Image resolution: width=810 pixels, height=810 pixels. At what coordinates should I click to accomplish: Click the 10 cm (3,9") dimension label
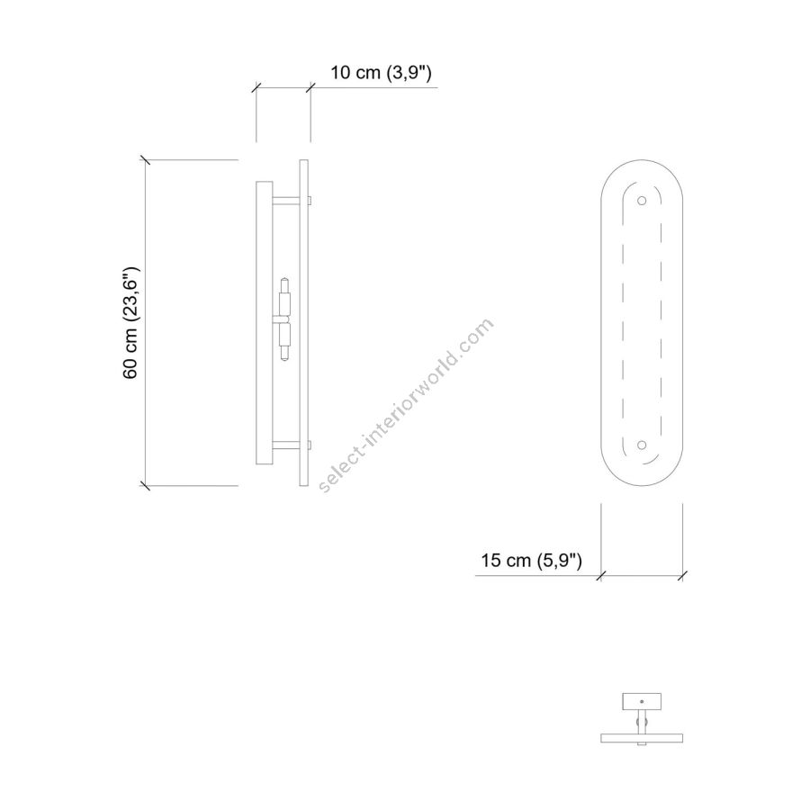click(381, 73)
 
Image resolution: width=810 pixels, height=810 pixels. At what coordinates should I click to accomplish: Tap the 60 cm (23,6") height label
click(130, 323)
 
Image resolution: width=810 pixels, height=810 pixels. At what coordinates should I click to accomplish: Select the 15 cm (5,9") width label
click(532, 560)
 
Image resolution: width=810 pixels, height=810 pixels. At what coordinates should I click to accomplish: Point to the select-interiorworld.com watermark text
click(406, 406)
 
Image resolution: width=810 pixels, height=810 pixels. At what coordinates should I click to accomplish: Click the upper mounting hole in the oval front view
click(642, 201)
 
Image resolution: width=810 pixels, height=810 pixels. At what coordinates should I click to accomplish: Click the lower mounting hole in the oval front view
click(642, 445)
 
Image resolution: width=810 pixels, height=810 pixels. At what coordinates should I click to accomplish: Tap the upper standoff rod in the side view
click(285, 201)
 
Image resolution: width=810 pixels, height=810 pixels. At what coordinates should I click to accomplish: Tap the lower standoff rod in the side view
click(285, 445)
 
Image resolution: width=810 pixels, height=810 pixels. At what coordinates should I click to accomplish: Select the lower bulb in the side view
click(284, 341)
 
